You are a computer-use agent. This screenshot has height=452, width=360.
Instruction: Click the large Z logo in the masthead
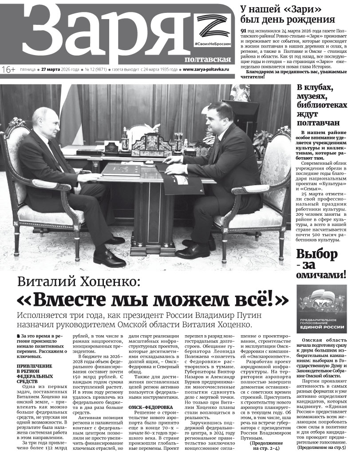pyautogui.click(x=212, y=28)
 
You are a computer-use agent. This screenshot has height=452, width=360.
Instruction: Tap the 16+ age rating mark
pyautogui.click(x=8, y=70)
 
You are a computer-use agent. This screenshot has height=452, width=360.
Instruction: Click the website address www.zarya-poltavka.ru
pyautogui.click(x=206, y=70)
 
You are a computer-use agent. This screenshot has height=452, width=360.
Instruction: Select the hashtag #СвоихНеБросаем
pyautogui.click(x=212, y=46)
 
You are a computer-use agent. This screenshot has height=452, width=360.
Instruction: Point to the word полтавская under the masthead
pyautogui.click(x=208, y=59)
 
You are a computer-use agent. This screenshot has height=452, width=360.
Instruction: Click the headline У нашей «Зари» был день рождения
pyautogui.click(x=287, y=14)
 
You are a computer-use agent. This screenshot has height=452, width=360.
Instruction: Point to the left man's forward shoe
pyautogui.click(x=109, y=258)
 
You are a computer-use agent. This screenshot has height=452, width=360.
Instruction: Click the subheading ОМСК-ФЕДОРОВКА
pyautogui.click(x=150, y=407)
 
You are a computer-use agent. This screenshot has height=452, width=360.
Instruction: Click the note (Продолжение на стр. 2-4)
pyautogui.click(x=266, y=446)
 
